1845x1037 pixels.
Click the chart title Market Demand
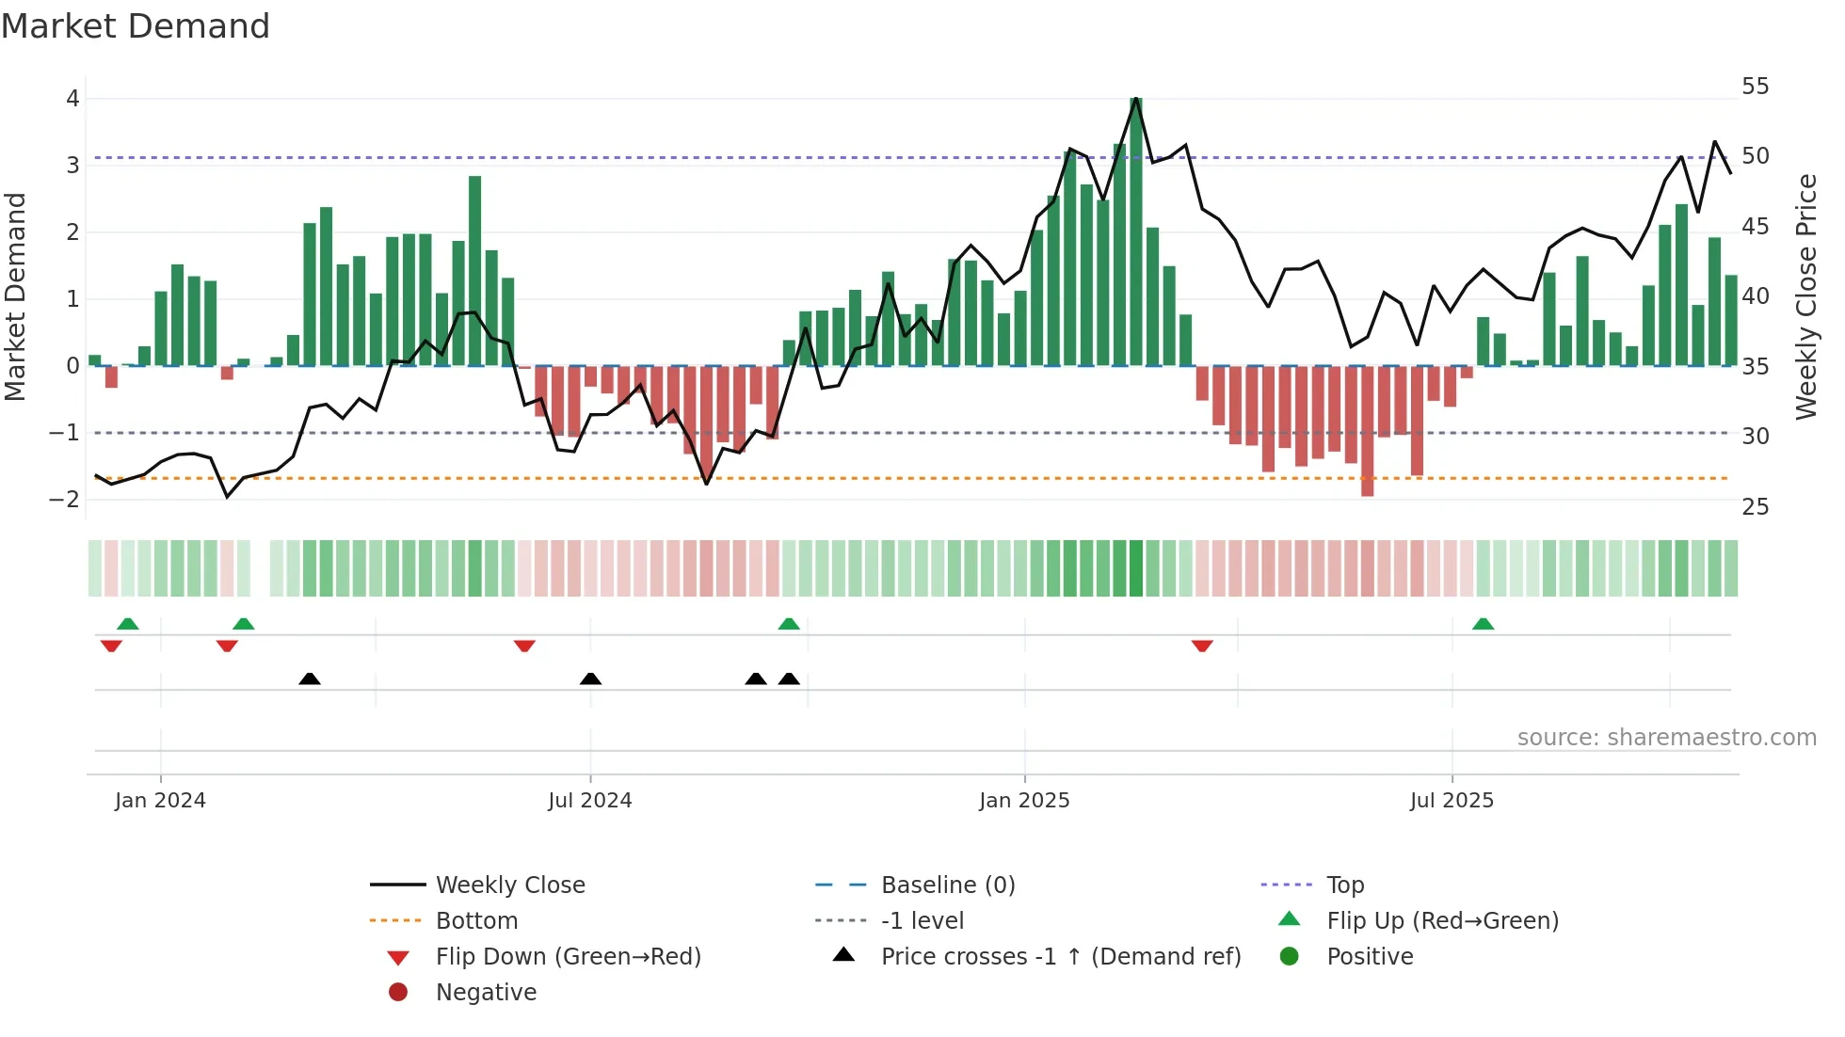coord(136,26)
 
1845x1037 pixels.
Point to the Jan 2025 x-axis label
coord(1024,801)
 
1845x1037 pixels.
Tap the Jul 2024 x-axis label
coord(590,801)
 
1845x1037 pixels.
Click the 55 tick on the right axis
coord(1755,87)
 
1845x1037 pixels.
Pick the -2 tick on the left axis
coord(65,500)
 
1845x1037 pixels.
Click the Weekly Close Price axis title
coord(1805,296)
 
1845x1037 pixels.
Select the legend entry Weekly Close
coord(509,885)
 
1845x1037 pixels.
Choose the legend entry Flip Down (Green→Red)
coord(568,957)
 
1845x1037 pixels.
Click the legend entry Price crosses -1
coord(1060,957)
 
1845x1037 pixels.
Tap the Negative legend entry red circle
coord(398,993)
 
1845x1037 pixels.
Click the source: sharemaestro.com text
coord(1666,738)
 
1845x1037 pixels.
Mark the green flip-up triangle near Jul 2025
coord(1483,624)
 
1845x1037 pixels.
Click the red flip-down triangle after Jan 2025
coord(1202,646)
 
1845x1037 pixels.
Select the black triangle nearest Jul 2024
coord(590,678)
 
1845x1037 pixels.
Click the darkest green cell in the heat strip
coord(1136,568)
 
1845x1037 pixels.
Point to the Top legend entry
coord(1344,885)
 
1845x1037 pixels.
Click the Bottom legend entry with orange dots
coord(475,921)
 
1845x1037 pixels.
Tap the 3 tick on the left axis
coord(72,166)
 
